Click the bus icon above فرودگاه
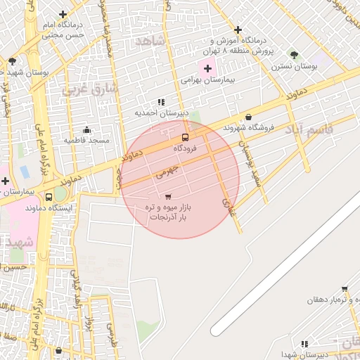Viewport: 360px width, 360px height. tap(185, 137)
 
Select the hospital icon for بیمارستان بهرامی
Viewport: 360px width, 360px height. tap(207, 68)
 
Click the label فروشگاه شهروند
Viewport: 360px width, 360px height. tap(247, 128)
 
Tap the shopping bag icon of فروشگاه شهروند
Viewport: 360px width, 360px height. tap(248, 117)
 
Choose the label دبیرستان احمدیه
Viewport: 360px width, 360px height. tap(162, 112)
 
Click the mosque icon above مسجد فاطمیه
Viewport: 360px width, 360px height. tap(86, 129)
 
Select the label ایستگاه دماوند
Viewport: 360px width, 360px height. tap(49, 208)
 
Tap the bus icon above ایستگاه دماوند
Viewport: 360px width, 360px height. tap(49, 197)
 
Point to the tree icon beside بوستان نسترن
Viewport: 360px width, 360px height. tap(294, 54)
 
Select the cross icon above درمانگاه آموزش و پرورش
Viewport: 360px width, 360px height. tap(238, 30)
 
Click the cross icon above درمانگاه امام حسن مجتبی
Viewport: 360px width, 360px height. tap(63, 13)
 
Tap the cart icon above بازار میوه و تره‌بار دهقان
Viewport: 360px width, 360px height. tap(345, 288)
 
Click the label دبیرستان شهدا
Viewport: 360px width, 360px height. tap(304, 354)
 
